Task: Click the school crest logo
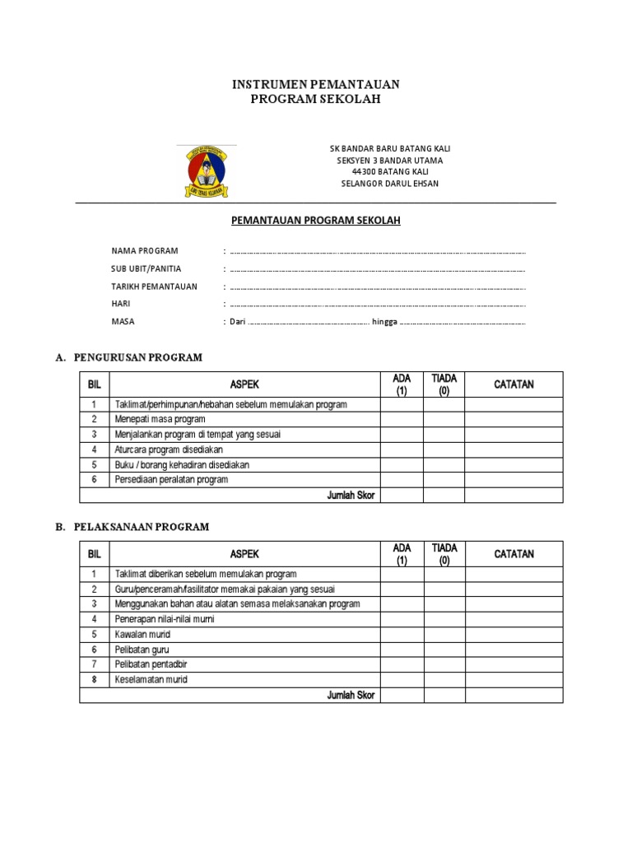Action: pyautogui.click(x=206, y=170)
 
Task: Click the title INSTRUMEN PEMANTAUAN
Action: pyautogui.click(x=316, y=85)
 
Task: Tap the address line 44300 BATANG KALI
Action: pyautogui.click(x=390, y=171)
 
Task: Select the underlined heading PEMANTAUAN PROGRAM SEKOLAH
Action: pyautogui.click(x=316, y=221)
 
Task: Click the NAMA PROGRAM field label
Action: pyautogui.click(x=145, y=250)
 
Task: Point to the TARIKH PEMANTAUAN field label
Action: pyautogui.click(x=154, y=286)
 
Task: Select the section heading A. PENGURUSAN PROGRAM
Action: pyautogui.click(x=128, y=357)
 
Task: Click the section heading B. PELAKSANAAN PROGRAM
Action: pyautogui.click(x=132, y=526)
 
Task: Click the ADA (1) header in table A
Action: pyautogui.click(x=402, y=384)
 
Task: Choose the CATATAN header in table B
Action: pyautogui.click(x=513, y=554)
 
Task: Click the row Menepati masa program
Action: pyautogui.click(x=160, y=420)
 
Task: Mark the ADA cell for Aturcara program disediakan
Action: pyautogui.click(x=402, y=449)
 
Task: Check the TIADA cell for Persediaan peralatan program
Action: pyautogui.click(x=444, y=480)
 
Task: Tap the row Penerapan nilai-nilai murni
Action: pyautogui.click(x=165, y=619)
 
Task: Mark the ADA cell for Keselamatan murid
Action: pyautogui.click(x=402, y=680)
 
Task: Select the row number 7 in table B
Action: pyautogui.click(x=94, y=664)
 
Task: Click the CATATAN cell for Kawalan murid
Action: pyautogui.click(x=513, y=635)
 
